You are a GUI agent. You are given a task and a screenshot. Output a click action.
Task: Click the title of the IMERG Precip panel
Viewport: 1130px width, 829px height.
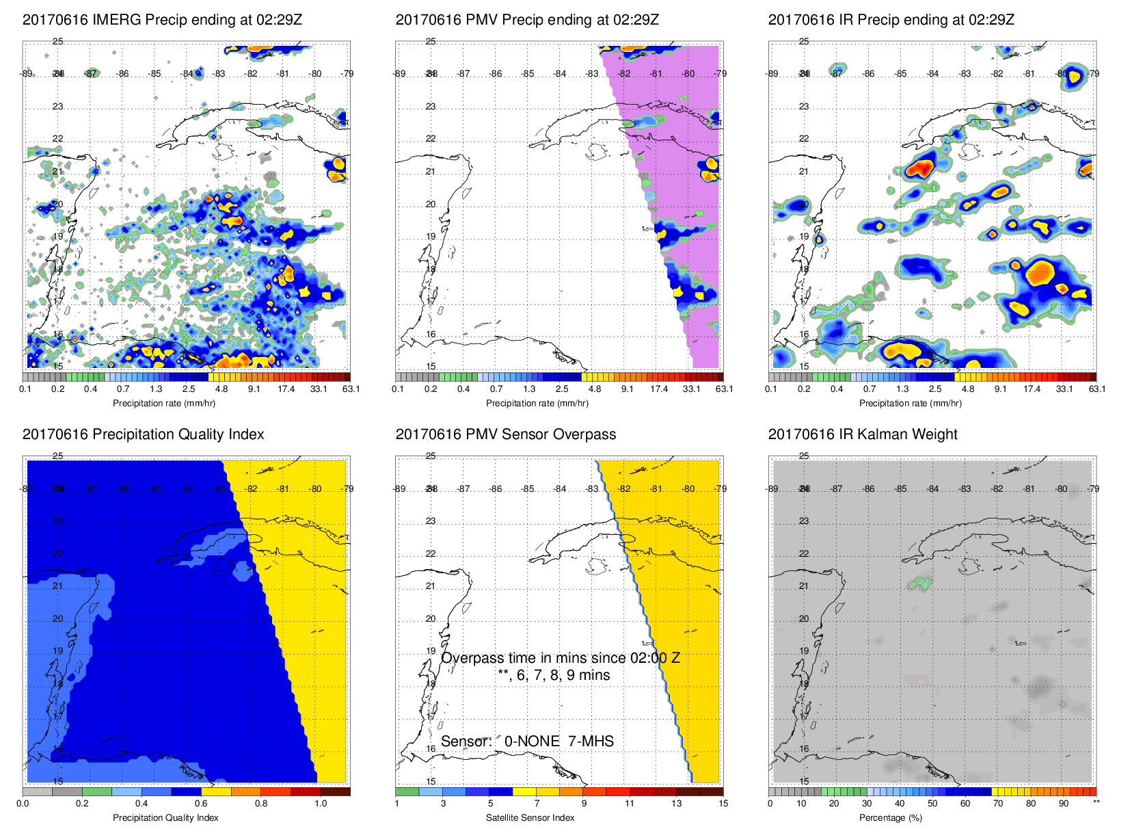click(x=162, y=20)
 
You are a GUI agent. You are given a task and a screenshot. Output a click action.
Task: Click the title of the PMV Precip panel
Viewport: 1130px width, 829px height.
click(x=527, y=20)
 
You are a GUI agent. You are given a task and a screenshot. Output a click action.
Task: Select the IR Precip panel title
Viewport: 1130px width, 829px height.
click(x=891, y=20)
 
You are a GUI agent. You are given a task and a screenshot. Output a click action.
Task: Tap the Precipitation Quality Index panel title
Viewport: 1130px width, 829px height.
click(x=143, y=434)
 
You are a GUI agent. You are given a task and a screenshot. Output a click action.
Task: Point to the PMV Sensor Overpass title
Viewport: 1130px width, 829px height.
click(x=505, y=434)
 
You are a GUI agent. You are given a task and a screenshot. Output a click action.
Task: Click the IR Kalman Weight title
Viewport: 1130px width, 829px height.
click(x=863, y=434)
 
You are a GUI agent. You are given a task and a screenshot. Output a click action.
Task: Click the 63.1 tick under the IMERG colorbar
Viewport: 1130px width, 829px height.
click(x=351, y=389)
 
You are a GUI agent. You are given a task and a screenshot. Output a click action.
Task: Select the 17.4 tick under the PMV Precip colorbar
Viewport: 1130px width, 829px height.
click(x=658, y=389)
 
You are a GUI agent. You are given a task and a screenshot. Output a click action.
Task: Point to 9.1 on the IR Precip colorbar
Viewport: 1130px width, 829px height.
click(x=1000, y=389)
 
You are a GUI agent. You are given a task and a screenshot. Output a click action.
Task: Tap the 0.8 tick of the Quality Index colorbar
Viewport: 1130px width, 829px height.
click(x=261, y=804)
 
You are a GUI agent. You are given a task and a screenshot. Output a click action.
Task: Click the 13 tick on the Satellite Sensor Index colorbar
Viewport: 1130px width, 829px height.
click(x=676, y=804)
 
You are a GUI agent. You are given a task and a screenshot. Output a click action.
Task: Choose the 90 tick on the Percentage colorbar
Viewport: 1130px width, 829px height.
click(x=1064, y=804)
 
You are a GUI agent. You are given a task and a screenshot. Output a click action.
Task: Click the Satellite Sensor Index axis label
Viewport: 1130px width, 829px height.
click(x=530, y=818)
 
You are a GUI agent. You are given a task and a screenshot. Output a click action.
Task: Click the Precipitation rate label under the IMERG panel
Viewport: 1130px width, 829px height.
click(x=164, y=404)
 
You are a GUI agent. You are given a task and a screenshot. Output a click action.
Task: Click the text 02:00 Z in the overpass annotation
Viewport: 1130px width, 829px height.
click(x=655, y=658)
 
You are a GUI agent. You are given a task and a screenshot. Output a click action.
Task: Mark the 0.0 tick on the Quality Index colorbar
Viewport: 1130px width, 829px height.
click(x=23, y=804)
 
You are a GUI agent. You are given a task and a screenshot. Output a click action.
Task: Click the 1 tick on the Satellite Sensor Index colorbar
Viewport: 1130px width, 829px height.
click(x=396, y=804)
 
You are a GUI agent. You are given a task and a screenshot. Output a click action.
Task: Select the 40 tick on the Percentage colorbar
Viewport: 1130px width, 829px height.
click(x=900, y=804)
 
